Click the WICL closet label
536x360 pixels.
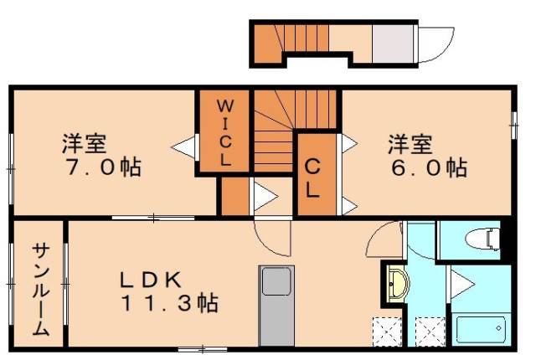coord(224,132)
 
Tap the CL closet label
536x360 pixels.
coord(312,177)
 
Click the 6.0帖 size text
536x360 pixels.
coord(427,167)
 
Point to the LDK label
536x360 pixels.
coord(159,280)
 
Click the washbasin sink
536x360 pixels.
coord(396,284)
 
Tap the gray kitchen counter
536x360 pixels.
coord(276,306)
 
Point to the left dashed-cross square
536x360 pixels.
coord(387,332)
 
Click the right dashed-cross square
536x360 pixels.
coord(429,332)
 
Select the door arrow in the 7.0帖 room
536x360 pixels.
coord(183,147)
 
